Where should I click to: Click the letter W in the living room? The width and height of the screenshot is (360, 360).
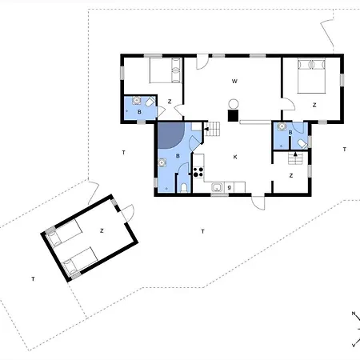(x=234, y=82)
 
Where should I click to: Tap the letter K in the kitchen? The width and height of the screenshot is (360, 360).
(x=234, y=157)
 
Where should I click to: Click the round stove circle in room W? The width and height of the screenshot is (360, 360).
(x=234, y=102)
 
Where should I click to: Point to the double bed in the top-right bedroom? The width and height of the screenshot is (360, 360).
(x=313, y=78)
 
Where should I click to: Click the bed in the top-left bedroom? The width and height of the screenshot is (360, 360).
(x=166, y=71)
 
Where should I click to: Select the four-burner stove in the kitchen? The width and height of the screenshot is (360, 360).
(x=199, y=169)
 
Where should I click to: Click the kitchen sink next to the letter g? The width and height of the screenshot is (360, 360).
(x=217, y=188)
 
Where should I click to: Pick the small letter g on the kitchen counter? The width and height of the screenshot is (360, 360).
(x=230, y=187)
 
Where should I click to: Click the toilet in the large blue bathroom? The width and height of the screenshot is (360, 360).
(x=183, y=187)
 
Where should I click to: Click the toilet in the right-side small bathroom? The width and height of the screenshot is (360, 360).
(x=300, y=142)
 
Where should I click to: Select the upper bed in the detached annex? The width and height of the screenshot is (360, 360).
(x=64, y=236)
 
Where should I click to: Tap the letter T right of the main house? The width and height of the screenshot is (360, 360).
(x=344, y=150)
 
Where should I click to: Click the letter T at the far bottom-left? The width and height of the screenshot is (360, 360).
(x=33, y=278)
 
